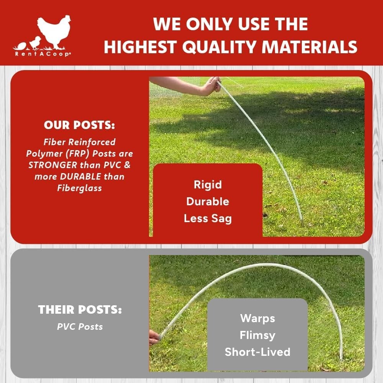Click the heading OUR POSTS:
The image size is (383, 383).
[79, 125]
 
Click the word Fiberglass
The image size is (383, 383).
[79, 188]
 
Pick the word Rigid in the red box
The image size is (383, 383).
[208, 185]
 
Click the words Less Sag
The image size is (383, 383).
[208, 218]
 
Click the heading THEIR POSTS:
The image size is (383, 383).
[80, 310]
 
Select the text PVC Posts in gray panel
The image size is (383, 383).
[80, 327]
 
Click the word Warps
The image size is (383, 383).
[257, 318]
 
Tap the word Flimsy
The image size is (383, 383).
[257, 335]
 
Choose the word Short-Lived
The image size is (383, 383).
[257, 352]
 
